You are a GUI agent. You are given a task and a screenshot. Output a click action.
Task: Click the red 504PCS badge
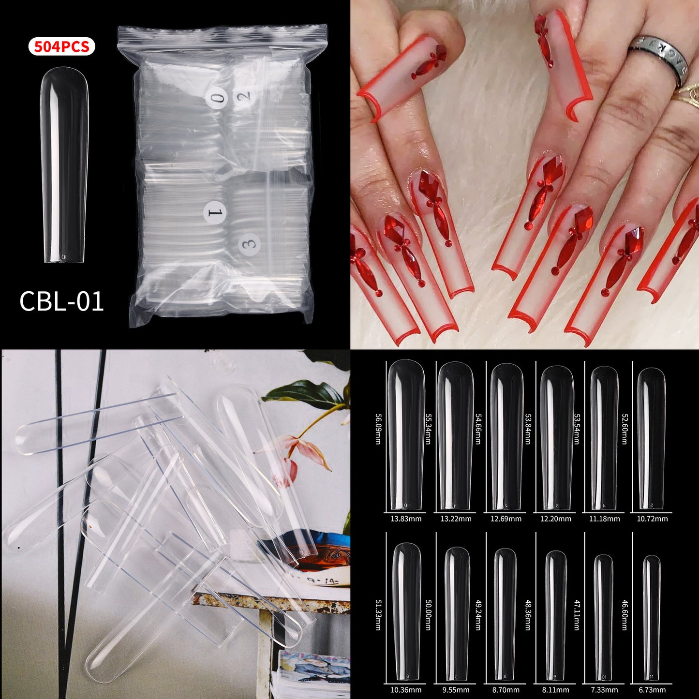coord(61,47)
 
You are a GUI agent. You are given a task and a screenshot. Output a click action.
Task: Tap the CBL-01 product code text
coord(61,301)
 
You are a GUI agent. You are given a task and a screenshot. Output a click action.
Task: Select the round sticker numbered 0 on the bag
coord(216,98)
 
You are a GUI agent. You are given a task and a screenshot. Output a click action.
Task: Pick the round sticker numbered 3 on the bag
coord(250,243)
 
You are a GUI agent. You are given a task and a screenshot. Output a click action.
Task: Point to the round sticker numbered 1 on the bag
coord(214,212)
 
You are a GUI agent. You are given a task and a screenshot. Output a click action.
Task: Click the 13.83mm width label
coord(406,519)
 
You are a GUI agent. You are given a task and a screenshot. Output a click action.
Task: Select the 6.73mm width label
coord(652,690)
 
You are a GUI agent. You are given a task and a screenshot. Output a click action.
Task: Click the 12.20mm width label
coord(556,519)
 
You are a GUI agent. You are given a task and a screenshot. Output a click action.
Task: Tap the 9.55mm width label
coord(456,690)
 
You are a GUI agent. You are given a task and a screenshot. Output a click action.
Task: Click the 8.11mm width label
coord(556,690)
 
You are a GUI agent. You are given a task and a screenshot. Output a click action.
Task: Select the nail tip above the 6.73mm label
coord(652,617)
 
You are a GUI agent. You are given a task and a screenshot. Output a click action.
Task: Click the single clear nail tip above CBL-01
coord(64,164)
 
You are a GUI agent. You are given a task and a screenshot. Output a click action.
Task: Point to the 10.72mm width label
coord(652,519)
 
